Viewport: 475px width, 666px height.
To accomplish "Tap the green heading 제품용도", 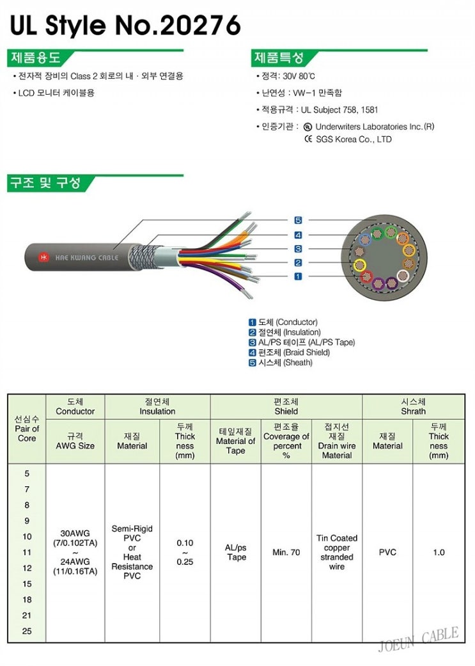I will (x=36, y=58).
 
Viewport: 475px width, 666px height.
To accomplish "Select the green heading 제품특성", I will (x=279, y=58).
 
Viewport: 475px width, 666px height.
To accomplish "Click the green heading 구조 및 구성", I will (x=45, y=184).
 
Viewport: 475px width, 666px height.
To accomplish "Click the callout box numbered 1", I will (x=298, y=276).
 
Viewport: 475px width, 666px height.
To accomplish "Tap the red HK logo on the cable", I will (x=44, y=257).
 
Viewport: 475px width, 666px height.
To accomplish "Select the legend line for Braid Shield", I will (x=289, y=353).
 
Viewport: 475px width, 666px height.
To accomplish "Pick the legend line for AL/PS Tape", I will (x=301, y=342).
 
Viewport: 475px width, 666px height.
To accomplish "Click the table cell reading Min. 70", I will (x=286, y=552).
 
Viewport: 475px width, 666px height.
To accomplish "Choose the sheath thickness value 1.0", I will (x=439, y=552).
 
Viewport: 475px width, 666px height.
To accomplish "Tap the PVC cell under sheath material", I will (x=387, y=552).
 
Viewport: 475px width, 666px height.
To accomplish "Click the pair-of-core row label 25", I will (x=27, y=631).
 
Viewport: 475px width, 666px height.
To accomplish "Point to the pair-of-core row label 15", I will (x=27, y=583).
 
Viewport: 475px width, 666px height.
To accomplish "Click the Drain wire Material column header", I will (x=337, y=441).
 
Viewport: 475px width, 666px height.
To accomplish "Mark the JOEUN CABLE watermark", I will (x=418, y=639).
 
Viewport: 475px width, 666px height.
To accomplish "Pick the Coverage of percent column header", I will (x=286, y=441).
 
